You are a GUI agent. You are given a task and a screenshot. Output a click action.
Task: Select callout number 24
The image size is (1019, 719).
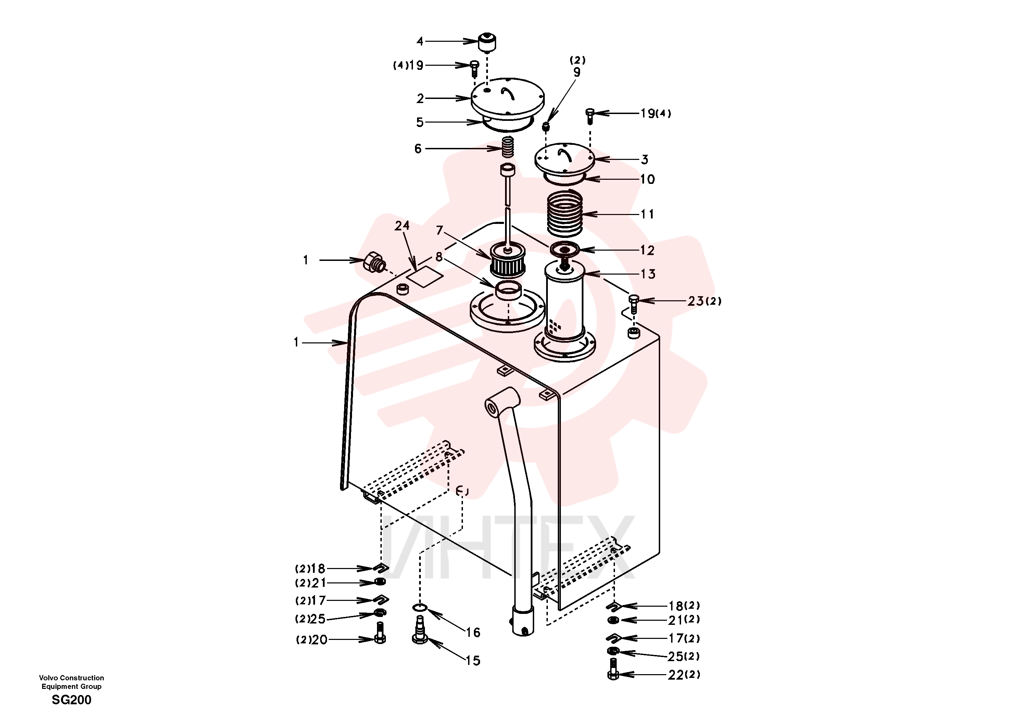click(402, 226)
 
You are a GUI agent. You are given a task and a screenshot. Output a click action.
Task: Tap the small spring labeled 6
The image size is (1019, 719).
click(508, 147)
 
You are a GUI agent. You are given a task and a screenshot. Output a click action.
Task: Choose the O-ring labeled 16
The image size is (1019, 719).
click(420, 607)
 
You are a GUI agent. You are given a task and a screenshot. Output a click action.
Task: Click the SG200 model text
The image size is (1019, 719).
click(72, 700)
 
